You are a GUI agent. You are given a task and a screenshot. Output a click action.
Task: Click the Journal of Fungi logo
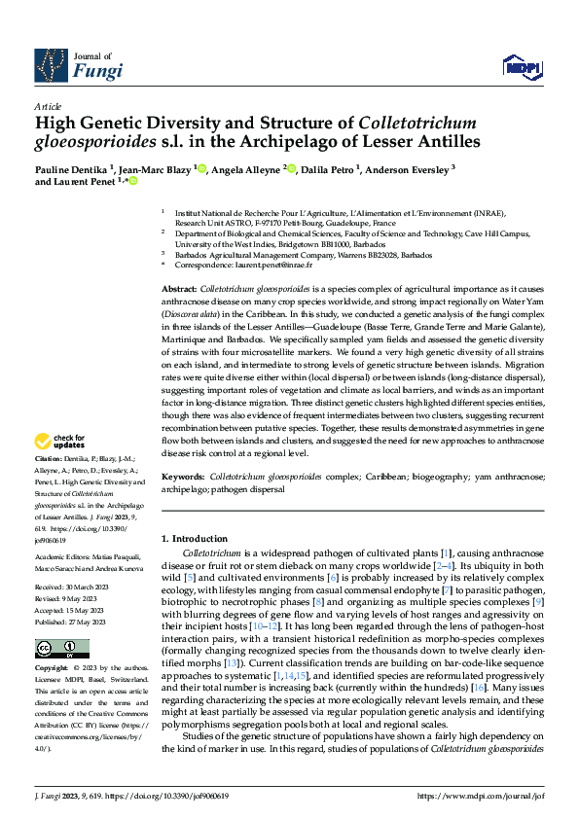pos(79,63)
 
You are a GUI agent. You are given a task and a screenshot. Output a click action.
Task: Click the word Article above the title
pos(48,106)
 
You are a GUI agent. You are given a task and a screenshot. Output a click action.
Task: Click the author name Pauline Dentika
pos(71,168)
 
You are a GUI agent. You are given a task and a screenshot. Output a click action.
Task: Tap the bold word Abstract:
pos(178,290)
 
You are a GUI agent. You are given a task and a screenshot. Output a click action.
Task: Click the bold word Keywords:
pos(182,479)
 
